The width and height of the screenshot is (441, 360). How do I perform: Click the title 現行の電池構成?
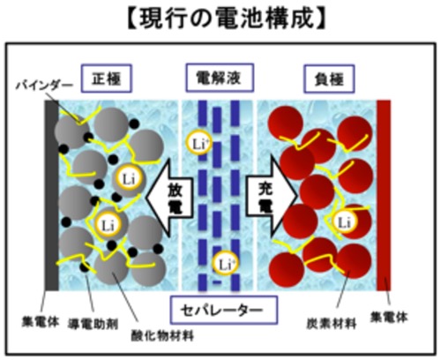pyautogui.click(x=227, y=19)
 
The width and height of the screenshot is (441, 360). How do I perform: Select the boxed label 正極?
pyautogui.click(x=107, y=79)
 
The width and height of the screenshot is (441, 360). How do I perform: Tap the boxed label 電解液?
pyautogui.click(x=220, y=78)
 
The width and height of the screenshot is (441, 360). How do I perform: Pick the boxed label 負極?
pyautogui.click(x=329, y=79)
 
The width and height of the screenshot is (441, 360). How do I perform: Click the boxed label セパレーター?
pyautogui.click(x=224, y=310)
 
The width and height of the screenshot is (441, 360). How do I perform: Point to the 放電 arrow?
pyautogui.click(x=170, y=198)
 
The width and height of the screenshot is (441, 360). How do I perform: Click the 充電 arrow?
pyautogui.click(x=271, y=195)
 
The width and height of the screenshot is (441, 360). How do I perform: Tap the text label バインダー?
pyautogui.click(x=44, y=86)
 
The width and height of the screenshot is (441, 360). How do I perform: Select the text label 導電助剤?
pyautogui.click(x=93, y=324)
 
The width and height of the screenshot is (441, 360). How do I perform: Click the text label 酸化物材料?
pyautogui.click(x=162, y=335)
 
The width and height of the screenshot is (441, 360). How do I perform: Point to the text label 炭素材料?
pyautogui.click(x=332, y=324)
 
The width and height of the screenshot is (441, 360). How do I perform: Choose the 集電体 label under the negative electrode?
pyautogui.click(x=389, y=317)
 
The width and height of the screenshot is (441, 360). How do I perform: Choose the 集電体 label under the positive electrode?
pyautogui.click(x=41, y=321)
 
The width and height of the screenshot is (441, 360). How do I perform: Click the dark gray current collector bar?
pyautogui.click(x=52, y=195)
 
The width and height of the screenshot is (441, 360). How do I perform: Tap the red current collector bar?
pyautogui.click(x=384, y=195)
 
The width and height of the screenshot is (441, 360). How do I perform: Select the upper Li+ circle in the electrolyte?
pyautogui.click(x=199, y=143)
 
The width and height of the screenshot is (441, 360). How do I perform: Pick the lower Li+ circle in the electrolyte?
pyautogui.click(x=225, y=264)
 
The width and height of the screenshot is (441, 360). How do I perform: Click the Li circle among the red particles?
pyautogui.click(x=345, y=221)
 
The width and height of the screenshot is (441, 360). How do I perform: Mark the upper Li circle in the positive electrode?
pyautogui.click(x=129, y=178)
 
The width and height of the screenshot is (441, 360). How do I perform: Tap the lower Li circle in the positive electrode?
pyautogui.click(x=108, y=225)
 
